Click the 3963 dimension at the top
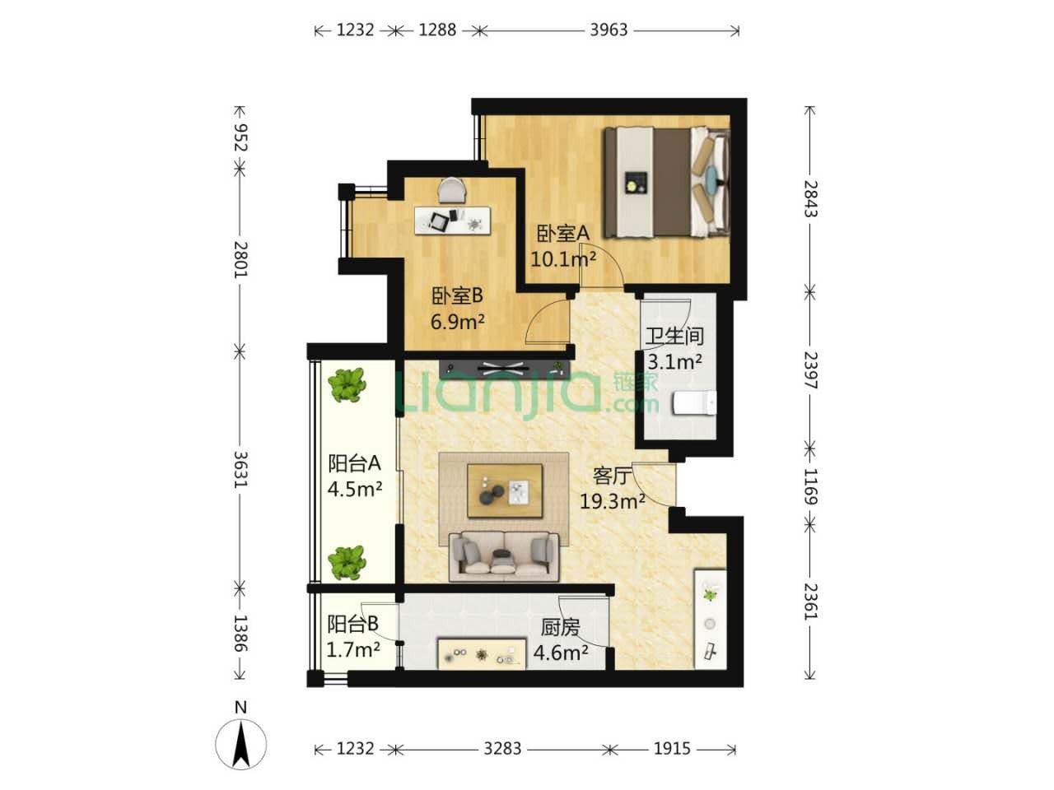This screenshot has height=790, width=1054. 609,30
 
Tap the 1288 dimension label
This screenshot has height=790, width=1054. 437,30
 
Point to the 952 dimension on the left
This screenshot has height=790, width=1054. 240,137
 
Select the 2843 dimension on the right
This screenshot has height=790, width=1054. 811,198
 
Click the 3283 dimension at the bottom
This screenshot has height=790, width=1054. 502,748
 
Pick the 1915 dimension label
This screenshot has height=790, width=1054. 672,748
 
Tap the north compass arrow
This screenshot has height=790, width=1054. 240,746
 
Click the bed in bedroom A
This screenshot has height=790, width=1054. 666,182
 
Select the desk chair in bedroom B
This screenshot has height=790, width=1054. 452,190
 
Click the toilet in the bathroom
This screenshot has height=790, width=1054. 695,402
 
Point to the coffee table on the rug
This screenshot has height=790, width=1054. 505,490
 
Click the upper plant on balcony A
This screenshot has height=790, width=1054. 347,384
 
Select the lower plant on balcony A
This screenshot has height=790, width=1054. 347,563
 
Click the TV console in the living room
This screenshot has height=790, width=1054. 505,369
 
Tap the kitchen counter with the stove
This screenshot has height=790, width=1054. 482,653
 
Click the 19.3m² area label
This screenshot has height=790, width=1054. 613,502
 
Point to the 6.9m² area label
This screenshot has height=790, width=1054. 457,322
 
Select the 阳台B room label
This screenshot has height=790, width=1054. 353,624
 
